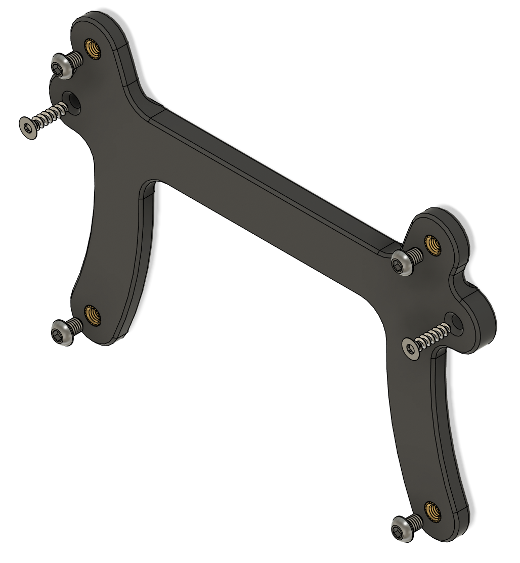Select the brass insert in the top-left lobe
[93, 50]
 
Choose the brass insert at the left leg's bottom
[92, 315]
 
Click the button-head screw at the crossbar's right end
[403, 263]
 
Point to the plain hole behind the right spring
[456, 322]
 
